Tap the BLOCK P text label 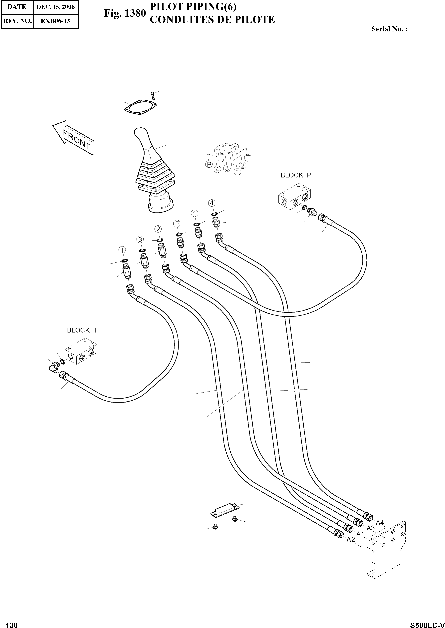(x=296, y=175)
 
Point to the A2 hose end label (x=351, y=539)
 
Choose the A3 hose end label (x=370, y=528)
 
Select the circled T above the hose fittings (x=122, y=250)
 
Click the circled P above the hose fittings (x=177, y=224)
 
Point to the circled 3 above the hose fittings (x=140, y=239)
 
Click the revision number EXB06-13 (x=55, y=21)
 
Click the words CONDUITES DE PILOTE (x=212, y=20)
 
